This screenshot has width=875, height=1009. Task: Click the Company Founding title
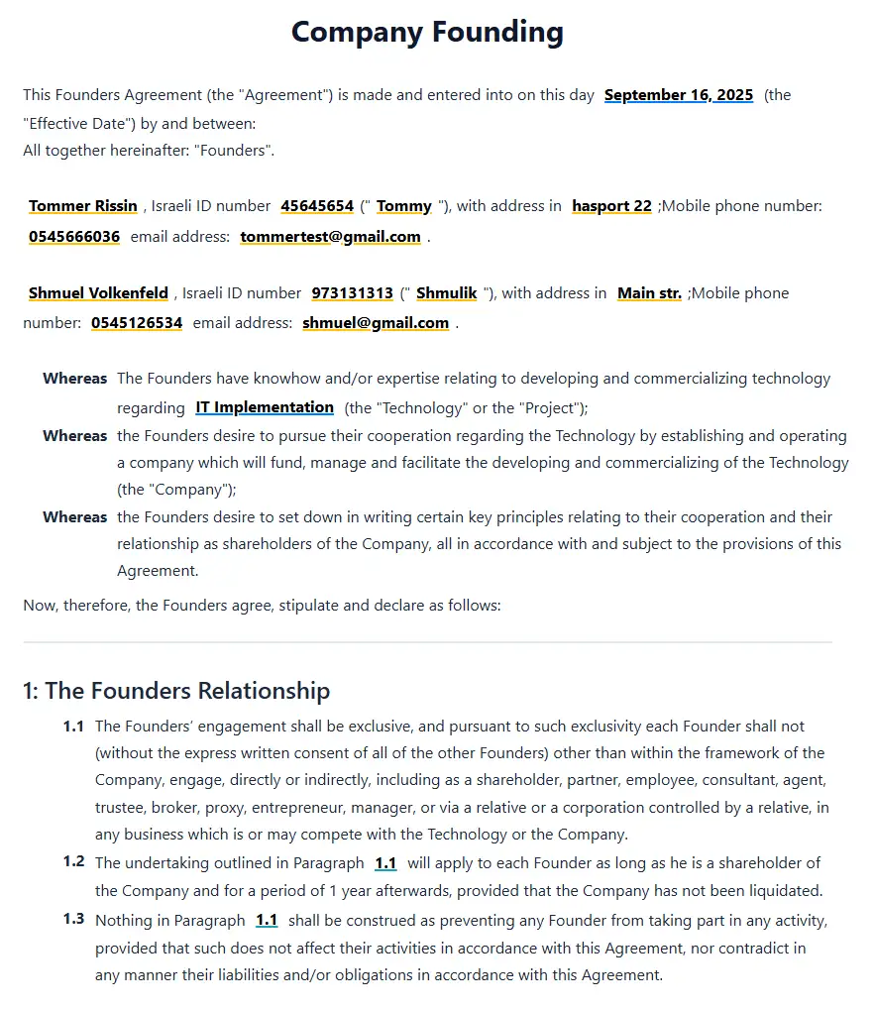tap(427, 33)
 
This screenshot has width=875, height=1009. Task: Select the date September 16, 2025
tap(679, 95)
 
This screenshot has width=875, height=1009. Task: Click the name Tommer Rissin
tap(83, 206)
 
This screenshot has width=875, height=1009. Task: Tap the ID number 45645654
tap(317, 206)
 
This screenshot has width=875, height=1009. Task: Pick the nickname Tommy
tap(404, 206)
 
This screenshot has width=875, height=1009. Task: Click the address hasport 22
tap(611, 206)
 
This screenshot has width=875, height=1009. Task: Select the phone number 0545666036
tap(74, 237)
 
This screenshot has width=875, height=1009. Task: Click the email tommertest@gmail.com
tap(330, 237)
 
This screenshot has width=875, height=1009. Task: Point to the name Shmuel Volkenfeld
tap(98, 293)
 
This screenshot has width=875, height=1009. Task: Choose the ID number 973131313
tap(352, 293)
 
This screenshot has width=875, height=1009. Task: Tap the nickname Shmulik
tap(446, 293)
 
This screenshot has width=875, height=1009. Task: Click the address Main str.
tap(649, 293)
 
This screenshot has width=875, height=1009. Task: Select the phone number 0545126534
tap(137, 323)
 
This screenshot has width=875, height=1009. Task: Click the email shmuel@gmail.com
tap(376, 323)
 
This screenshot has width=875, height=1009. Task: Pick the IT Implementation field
tap(265, 407)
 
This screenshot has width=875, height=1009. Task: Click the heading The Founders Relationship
tap(176, 690)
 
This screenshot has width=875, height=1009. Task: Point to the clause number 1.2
tap(73, 861)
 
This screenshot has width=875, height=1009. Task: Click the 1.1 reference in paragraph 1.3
tap(267, 921)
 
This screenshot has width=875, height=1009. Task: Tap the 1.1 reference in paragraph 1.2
tap(385, 863)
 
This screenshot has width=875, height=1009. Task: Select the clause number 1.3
tap(73, 919)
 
